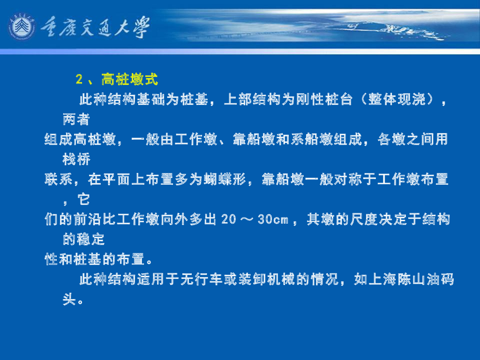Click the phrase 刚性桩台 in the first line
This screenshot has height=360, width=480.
323,99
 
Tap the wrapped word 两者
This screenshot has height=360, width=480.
76,120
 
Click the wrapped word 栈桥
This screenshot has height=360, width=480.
76,159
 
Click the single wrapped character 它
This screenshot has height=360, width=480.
84,200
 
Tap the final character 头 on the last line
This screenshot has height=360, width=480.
69,300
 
